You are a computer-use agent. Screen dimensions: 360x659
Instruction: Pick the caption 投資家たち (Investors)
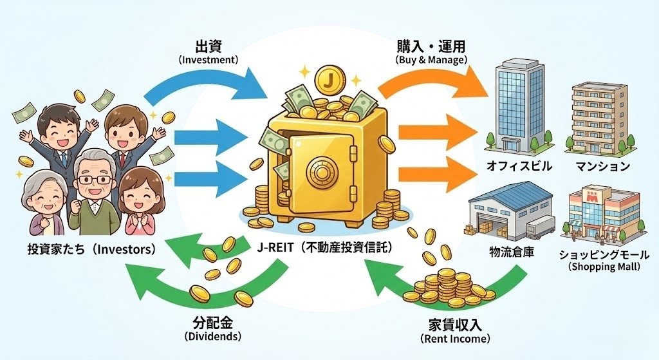click(x=92, y=249)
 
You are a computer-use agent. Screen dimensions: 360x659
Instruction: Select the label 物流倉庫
click(x=510, y=251)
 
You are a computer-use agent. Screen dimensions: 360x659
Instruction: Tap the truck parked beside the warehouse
click(x=539, y=225)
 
